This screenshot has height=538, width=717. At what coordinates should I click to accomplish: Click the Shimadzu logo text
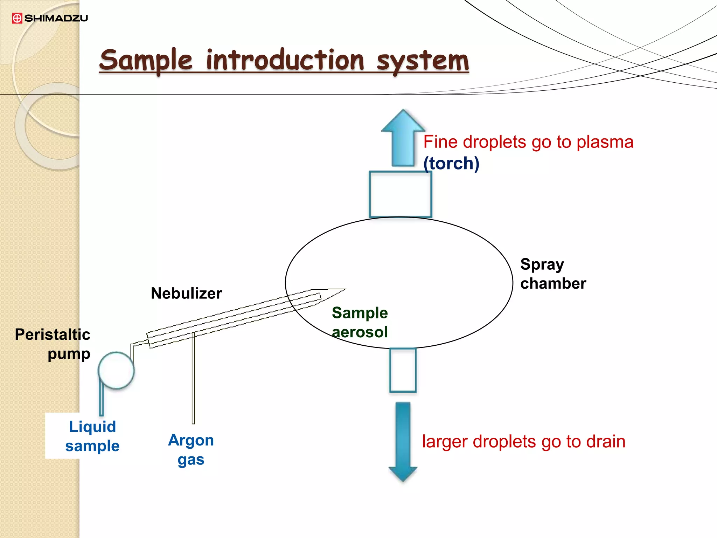click(56, 18)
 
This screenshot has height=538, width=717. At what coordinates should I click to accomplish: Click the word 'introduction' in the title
click(285, 60)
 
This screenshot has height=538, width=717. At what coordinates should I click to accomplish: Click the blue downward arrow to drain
click(403, 441)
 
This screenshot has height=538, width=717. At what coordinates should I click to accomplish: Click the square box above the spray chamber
click(400, 194)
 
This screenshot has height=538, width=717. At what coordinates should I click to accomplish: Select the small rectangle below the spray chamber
click(403, 370)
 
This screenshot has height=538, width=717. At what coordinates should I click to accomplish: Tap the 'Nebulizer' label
click(186, 294)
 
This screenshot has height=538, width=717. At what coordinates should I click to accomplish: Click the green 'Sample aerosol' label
click(360, 322)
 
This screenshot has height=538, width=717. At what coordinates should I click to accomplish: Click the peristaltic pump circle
click(116, 371)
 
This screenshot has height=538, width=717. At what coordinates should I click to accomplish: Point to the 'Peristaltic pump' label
click(53, 344)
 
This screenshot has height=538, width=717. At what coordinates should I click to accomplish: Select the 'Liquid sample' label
click(92, 436)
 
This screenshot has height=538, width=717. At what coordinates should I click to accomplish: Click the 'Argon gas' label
click(191, 450)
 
